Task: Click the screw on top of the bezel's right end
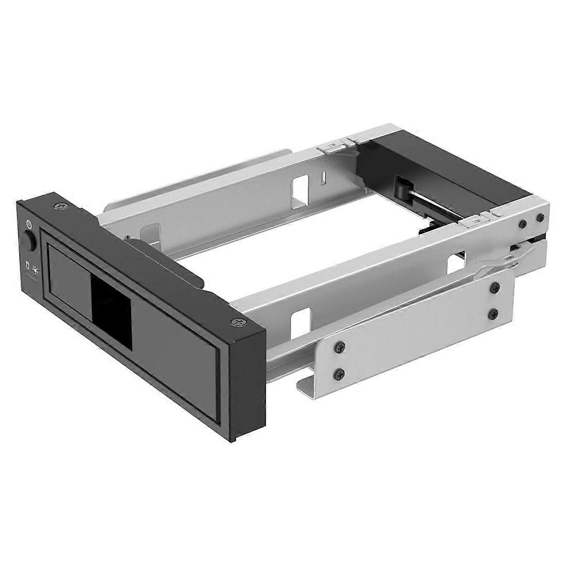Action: coord(238,322)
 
